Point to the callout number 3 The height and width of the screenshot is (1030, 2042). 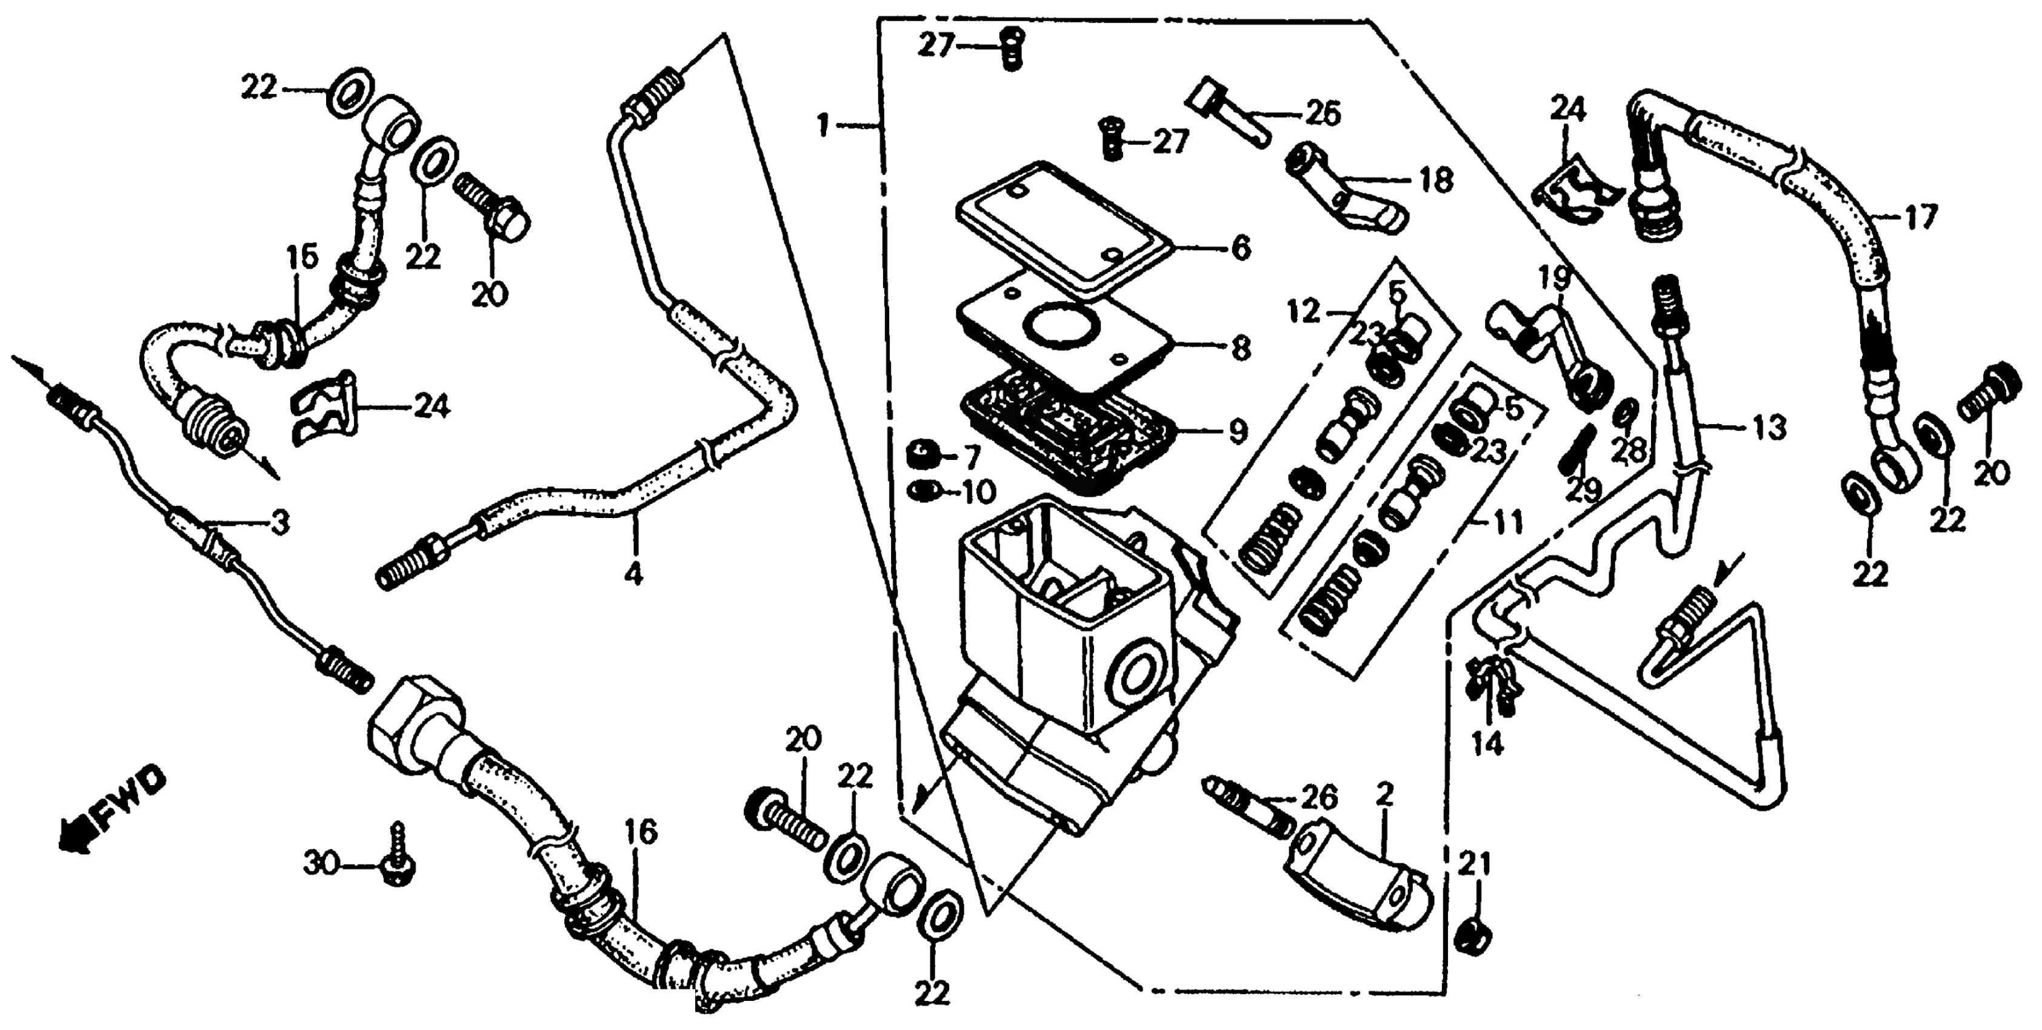point(279,522)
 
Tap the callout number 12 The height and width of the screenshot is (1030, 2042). point(1303,312)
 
